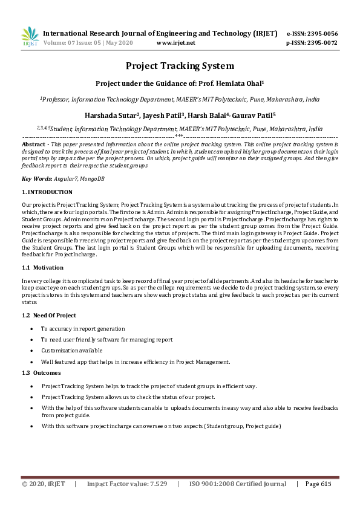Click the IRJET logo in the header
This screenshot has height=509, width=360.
pyautogui.click(x=29, y=36)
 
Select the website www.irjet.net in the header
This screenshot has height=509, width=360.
pyautogui.click(x=175, y=43)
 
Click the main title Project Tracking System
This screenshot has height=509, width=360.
pyautogui.click(x=180, y=66)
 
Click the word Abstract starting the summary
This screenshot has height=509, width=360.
pyautogui.click(x=33, y=145)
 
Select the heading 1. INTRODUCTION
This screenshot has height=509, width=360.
pyautogui.click(x=47, y=192)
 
